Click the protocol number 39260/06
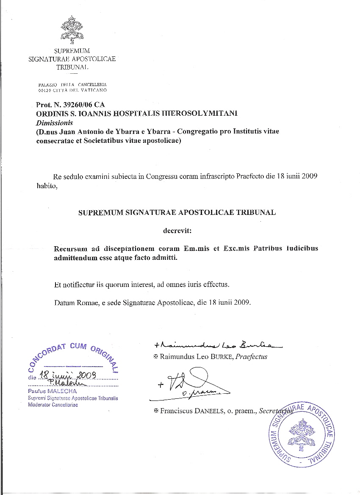(x=75, y=105)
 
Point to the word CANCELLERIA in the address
(x=92, y=85)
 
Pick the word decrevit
(x=177, y=231)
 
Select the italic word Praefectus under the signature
(x=253, y=357)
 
